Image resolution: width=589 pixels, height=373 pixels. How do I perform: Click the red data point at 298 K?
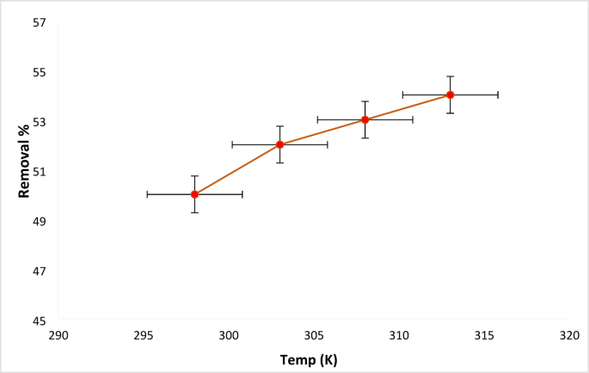194,194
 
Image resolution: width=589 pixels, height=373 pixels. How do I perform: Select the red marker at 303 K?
279,144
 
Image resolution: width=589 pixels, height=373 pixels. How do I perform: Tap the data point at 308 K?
365,119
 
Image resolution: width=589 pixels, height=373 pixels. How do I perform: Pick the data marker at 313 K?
450,95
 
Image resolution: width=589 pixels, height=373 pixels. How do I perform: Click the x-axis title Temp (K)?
309,360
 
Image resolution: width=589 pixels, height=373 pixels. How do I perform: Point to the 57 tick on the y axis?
39,21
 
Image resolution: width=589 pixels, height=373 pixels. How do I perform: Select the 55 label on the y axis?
39,71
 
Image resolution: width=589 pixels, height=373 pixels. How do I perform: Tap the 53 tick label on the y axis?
39,121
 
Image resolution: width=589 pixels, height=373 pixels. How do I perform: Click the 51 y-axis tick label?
39,171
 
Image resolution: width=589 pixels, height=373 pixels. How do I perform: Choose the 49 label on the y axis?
39,221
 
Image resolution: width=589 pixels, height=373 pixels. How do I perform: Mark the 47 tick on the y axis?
39,271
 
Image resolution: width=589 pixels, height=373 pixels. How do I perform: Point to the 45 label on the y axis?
39,321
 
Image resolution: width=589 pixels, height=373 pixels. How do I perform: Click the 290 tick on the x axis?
58,336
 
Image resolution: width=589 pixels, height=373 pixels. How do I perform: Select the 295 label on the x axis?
144,336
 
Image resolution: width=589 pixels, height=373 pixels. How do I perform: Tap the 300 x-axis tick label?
229,336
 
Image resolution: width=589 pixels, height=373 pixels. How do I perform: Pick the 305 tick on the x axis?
314,336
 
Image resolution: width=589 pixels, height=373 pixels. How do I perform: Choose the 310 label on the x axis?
399,336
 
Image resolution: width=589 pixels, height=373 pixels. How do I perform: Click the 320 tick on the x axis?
569,336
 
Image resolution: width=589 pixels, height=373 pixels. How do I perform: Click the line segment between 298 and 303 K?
236,169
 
